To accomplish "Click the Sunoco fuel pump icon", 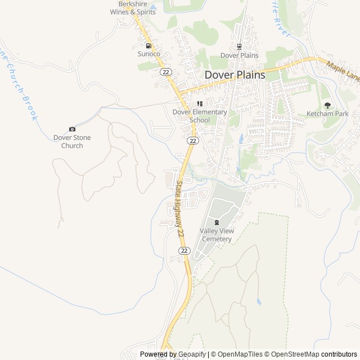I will coord(148,46).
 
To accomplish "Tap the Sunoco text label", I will coord(149,54).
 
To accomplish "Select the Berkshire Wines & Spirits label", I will coord(133,8).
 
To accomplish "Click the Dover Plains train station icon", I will coord(239,47).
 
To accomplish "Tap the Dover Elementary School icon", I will coord(200,103).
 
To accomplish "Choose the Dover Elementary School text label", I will coord(200,116).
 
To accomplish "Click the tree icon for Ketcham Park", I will coord(327,105).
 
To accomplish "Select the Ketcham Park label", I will coord(327,114).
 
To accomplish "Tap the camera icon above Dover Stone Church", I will coord(72,129).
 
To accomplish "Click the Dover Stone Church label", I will coord(72,142).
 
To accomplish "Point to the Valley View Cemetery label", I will coord(216,235).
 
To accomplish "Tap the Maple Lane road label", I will coord(343,71).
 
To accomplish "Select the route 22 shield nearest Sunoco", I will coord(165,72).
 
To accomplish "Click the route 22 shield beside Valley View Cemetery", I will coord(184,250).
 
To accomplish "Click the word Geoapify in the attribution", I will coord(193,354).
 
